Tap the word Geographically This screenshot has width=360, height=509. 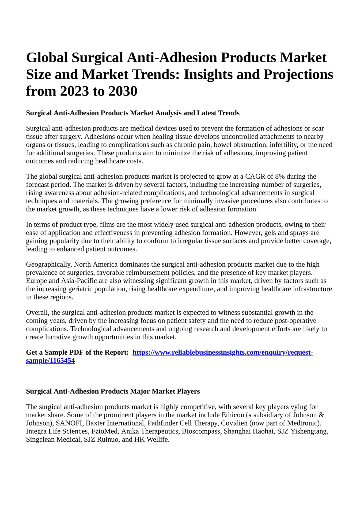[x=49, y=265]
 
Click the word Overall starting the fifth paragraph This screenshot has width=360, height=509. [x=37, y=312]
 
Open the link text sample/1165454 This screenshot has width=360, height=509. [x=50, y=361]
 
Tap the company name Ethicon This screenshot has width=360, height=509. [x=233, y=415]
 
